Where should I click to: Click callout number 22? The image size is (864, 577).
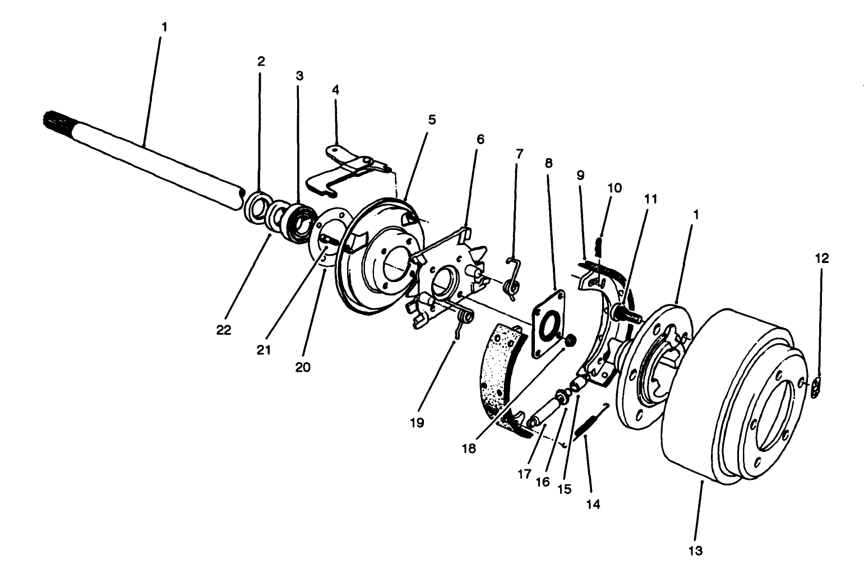[x=224, y=330]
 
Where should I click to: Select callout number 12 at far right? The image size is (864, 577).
[x=822, y=259]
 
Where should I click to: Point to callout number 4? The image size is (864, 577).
[x=335, y=89]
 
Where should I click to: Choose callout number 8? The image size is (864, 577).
[x=548, y=163]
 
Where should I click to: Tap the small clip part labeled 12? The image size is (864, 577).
[x=817, y=387]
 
